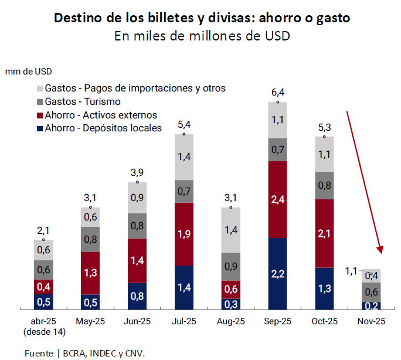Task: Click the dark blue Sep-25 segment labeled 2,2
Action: coord(277,274)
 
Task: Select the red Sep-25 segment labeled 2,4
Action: coord(277,199)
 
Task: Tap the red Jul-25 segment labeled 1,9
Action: coord(183,234)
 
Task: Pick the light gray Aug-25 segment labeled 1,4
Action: coord(230,229)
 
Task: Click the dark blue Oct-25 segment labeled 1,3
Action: coord(324,288)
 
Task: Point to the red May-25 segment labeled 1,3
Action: coord(90,273)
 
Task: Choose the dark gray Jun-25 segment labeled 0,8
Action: coord(137,226)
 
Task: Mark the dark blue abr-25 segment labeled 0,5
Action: coord(43,301)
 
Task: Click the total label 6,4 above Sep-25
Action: coord(277,93)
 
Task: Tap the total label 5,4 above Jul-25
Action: coord(183,124)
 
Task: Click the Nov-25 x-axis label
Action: coord(371,321)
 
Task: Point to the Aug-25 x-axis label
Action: coord(230,321)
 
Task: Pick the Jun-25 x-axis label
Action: coord(137,321)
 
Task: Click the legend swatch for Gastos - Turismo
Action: coord(39,102)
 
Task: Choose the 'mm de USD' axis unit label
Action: coord(29,72)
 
